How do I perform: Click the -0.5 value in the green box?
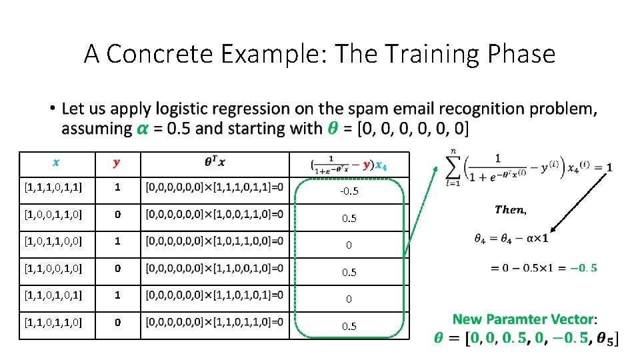point(349,191)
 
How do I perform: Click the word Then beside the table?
point(510,210)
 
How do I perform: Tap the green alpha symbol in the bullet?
point(142,129)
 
